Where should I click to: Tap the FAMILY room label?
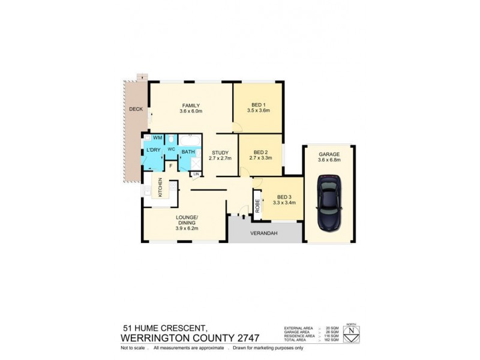(x=191, y=106)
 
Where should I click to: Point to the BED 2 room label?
(x=261, y=152)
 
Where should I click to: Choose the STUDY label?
(x=220, y=152)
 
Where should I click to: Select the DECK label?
(x=135, y=109)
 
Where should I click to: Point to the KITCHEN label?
(x=160, y=188)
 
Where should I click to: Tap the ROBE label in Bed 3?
(x=257, y=203)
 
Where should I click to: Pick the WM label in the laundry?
(x=157, y=138)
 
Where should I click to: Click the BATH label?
(x=188, y=152)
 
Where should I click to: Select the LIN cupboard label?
(x=196, y=174)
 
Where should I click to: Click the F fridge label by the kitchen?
(x=170, y=165)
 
